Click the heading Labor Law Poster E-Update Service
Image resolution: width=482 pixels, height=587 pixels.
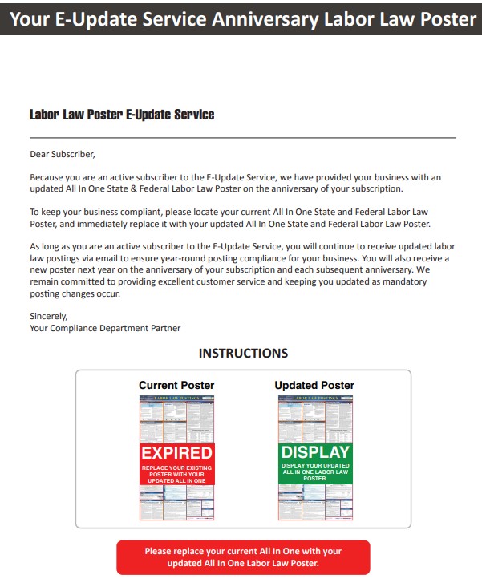point(122,115)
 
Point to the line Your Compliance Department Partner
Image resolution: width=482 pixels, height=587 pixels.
point(105,328)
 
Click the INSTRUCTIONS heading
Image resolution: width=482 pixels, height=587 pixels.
point(243,353)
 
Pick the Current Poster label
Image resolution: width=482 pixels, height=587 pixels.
point(176,385)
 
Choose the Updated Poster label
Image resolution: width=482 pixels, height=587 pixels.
point(314,385)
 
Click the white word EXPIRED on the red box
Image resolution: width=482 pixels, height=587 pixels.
point(176,453)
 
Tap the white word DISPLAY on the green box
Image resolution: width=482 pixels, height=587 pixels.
point(315,452)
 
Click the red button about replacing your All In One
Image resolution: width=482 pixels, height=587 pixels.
point(243,557)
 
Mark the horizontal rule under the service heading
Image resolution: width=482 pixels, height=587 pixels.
point(243,138)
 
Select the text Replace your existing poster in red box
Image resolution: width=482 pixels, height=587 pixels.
point(176,472)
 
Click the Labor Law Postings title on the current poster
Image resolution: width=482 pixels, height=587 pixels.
point(176,398)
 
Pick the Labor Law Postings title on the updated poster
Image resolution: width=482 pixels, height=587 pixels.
point(315,398)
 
